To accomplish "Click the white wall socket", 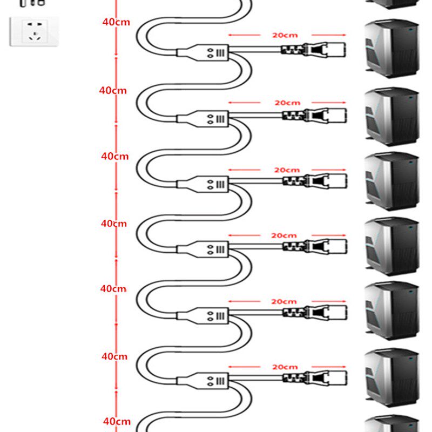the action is pyautogui.click(x=34, y=31).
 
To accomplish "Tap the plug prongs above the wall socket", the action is pyautogui.click(x=32, y=3).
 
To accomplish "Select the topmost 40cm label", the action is pyautogui.click(x=116, y=22).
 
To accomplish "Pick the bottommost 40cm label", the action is pyautogui.click(x=117, y=421).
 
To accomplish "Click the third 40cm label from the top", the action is pyautogui.click(x=114, y=156).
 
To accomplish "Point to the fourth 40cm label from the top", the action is pyautogui.click(x=114, y=224).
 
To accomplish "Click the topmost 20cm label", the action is pyautogui.click(x=285, y=35).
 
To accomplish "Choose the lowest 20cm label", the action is pyautogui.click(x=285, y=367).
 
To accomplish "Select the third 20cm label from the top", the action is pyautogui.click(x=287, y=170).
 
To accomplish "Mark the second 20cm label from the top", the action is pyautogui.click(x=287, y=103).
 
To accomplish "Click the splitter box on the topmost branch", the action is pyautogui.click(x=203, y=52).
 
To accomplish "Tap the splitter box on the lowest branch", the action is pyautogui.click(x=203, y=381).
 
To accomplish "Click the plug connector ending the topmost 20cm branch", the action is pyautogui.click(x=314, y=50).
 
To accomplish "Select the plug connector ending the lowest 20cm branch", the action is pyautogui.click(x=315, y=378).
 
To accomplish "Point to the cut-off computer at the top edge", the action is pyautogui.click(x=393, y=4).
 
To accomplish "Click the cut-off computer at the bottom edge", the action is pyautogui.click(x=393, y=424).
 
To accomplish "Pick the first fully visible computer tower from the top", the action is pyautogui.click(x=392, y=49).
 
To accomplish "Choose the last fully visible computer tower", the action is pyautogui.click(x=392, y=377).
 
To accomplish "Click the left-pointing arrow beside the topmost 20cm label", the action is pyautogui.click(x=244, y=35).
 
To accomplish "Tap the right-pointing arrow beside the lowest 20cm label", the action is pyautogui.click(x=329, y=367).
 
